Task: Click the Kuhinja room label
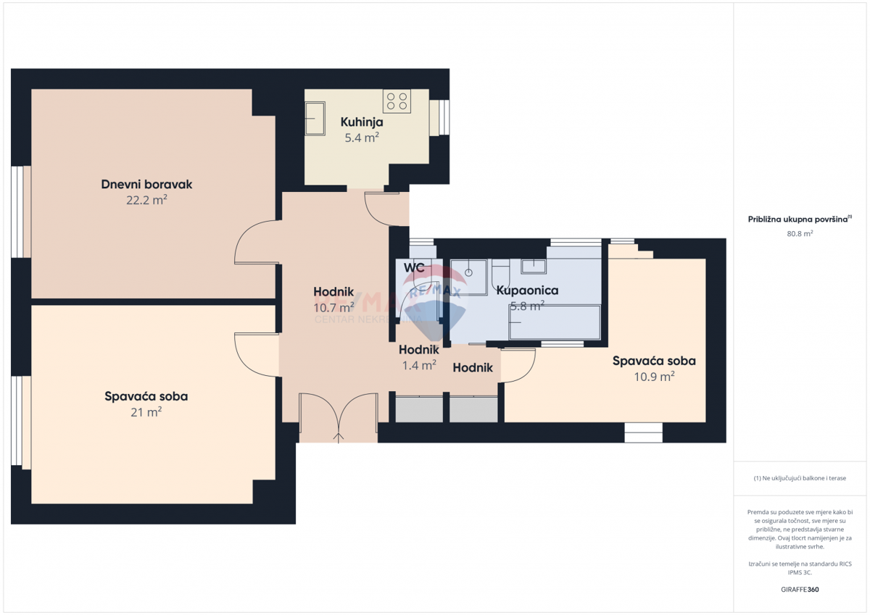coord(362,122)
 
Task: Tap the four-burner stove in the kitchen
coord(397,101)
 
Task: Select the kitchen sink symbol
coord(315,117)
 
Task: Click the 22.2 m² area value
coord(146,200)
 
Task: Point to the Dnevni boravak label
coord(146,185)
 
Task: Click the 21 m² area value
coord(146,412)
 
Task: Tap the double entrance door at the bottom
coord(338,418)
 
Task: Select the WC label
coord(414,268)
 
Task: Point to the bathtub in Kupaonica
coord(555,322)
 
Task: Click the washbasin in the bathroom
coord(534,266)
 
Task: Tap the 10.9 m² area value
coord(654,376)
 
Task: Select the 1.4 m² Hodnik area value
coord(419,366)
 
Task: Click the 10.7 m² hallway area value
coord(333,307)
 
